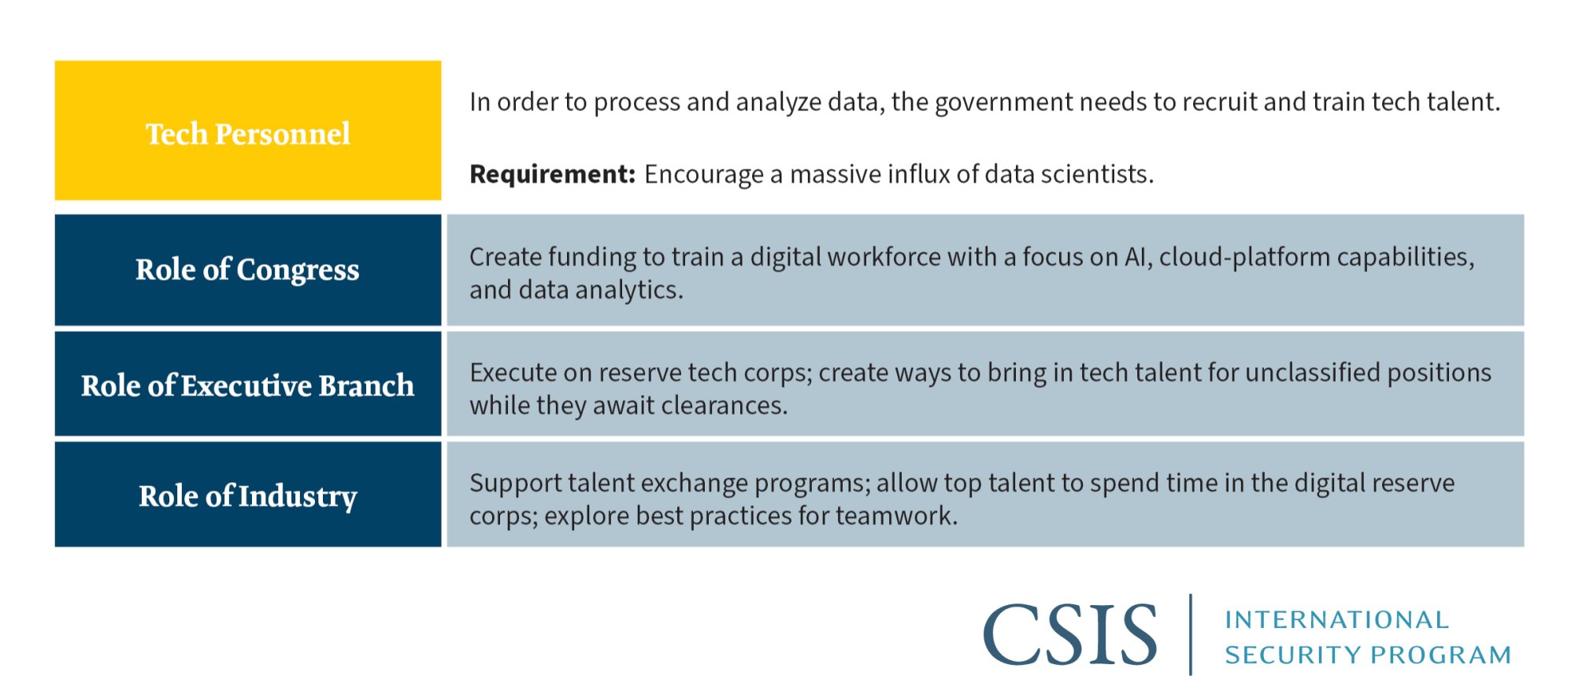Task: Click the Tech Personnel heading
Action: click(248, 134)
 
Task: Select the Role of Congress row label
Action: click(247, 269)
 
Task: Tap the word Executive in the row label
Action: click(246, 385)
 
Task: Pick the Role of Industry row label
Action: click(248, 496)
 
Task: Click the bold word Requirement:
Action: click(552, 174)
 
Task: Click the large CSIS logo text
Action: click(1070, 634)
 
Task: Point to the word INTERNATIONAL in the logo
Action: click(1336, 620)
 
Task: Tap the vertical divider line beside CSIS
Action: click(1190, 634)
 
